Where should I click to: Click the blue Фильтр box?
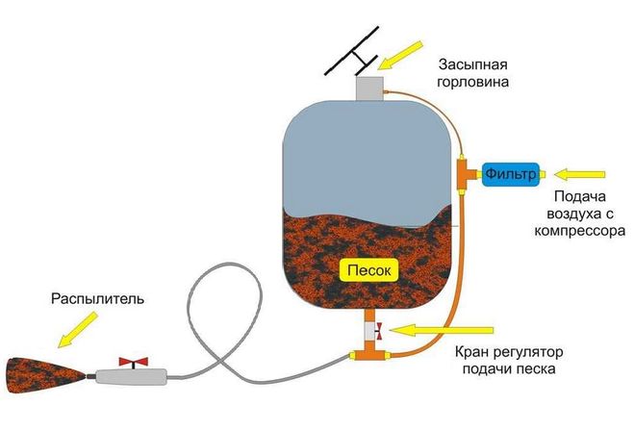pos(510,174)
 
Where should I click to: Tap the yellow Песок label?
pos(369,270)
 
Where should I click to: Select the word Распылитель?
pos(97,299)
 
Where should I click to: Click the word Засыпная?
pos(473,64)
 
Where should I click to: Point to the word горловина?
pos(472,82)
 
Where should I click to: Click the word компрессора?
pos(580,231)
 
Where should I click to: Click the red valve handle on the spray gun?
pos(134,362)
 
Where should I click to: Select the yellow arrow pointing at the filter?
pos(579,174)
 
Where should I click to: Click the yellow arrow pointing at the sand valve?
pos(442,330)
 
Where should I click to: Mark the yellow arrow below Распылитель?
pos(78,330)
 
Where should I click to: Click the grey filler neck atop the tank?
pos(369,89)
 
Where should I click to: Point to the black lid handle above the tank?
pos(351,51)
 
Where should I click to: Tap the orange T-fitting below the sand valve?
pos(369,353)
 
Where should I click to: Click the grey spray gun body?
pos(132,377)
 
